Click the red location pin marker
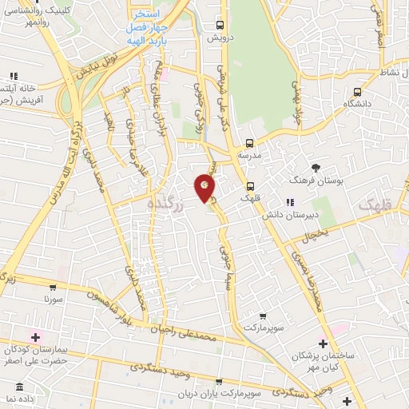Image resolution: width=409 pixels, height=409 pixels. tap(205, 188)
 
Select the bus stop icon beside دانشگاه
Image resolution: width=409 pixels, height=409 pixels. tap(356, 91)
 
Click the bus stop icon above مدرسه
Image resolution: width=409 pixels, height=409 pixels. tap(249, 144)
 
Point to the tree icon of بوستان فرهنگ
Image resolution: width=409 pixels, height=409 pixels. tap(316, 168)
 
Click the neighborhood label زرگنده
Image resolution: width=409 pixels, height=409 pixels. tap(166, 205)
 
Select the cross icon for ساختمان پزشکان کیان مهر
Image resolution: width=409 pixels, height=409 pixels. tap(323, 343)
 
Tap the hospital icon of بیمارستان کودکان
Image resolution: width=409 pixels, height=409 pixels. tap(34, 336)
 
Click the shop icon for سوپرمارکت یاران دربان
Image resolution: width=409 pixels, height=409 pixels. tap(220, 383)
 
